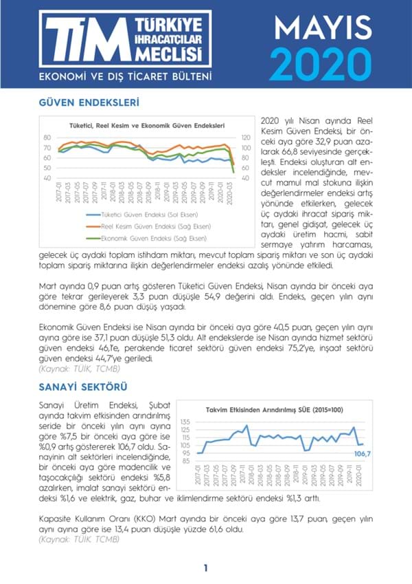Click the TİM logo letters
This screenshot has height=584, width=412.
(x=75, y=39)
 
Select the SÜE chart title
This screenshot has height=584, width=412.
(x=275, y=410)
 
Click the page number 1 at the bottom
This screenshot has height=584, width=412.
(x=205, y=567)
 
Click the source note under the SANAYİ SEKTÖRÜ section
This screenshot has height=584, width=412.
(x=80, y=539)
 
